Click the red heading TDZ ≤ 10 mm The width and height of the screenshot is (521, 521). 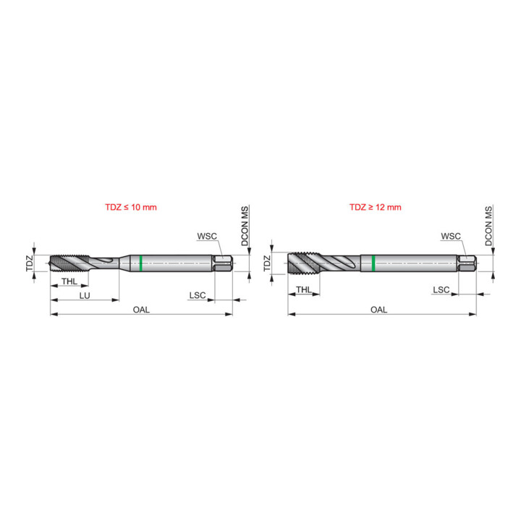130,208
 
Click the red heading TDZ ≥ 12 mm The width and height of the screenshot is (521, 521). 375,208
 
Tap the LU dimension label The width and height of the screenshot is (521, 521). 85,295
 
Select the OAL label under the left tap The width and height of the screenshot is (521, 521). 141,310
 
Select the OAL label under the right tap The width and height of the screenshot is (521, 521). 378,310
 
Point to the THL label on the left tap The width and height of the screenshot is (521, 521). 69,281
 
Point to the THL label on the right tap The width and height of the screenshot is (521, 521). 304,289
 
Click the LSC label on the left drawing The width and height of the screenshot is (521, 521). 198,295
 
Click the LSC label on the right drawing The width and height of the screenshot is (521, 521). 441,289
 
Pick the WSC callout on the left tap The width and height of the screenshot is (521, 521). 207,236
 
